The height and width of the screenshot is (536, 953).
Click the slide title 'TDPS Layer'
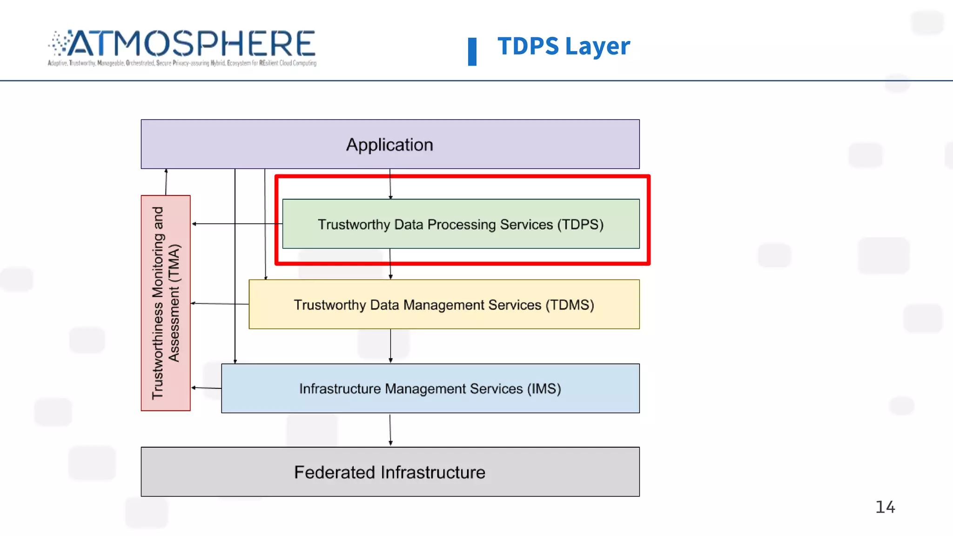[564, 46]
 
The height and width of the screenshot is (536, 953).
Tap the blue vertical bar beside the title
[472, 51]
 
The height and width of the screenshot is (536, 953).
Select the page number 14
[885, 507]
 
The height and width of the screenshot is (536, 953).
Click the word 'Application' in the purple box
[389, 145]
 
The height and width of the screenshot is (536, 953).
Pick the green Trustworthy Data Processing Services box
[461, 224]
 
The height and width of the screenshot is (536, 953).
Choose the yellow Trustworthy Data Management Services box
[444, 304]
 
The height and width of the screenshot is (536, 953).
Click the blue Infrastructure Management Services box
[430, 388]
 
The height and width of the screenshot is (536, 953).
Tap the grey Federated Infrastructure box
[390, 472]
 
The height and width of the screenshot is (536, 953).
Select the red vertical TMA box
[166, 303]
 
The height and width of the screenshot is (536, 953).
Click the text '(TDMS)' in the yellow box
[570, 305]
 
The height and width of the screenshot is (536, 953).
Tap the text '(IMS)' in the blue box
[544, 389]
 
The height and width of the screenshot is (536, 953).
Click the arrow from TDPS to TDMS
[390, 264]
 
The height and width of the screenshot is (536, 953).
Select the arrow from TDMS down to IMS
[390, 346]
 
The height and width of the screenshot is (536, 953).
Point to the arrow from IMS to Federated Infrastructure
[390, 430]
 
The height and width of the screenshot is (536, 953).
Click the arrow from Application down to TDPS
[390, 184]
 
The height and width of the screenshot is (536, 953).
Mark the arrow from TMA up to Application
[166, 182]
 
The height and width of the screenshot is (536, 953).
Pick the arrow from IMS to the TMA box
[206, 388]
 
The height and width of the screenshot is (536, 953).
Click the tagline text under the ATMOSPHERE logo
[182, 63]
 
